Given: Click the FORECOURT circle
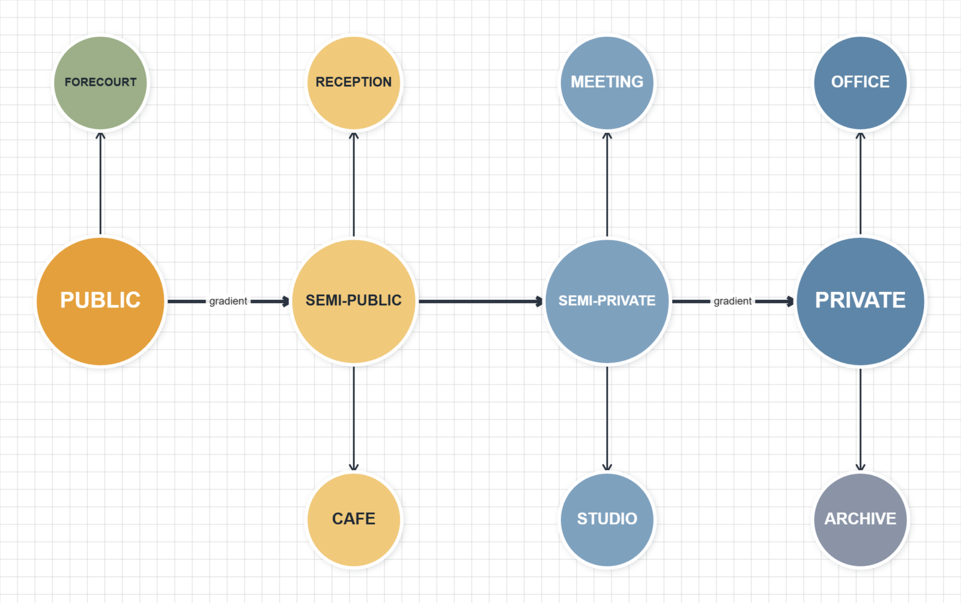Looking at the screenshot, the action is point(100,82).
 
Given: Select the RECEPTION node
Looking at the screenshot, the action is point(354,82).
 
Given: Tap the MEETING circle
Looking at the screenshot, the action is point(607,82).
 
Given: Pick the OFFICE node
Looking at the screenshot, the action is point(860,82).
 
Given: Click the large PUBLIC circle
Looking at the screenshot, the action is point(100,301).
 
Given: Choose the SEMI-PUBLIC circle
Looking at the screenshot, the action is point(354,301).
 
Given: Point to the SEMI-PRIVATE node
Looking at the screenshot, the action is point(607,301).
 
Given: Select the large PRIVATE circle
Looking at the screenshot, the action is point(860,301).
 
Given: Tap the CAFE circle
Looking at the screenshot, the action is point(354,520).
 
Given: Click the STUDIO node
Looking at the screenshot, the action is point(607,520).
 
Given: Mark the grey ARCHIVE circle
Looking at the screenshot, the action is point(860,520).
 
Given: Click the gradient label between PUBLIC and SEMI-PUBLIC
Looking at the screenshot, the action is point(228,301).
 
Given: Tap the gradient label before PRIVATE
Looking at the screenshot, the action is point(732,301).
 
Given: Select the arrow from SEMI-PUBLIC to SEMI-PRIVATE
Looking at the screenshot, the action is point(481,301).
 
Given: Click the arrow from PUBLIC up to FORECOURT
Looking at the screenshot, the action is point(100,184).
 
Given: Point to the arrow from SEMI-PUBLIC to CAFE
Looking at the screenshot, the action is point(354,419).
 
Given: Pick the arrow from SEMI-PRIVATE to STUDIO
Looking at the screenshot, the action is point(607,419).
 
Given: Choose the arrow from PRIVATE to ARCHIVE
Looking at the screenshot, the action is point(860,419).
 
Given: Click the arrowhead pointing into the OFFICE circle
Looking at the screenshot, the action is point(860,136).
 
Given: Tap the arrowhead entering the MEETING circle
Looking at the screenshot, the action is point(607,136).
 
